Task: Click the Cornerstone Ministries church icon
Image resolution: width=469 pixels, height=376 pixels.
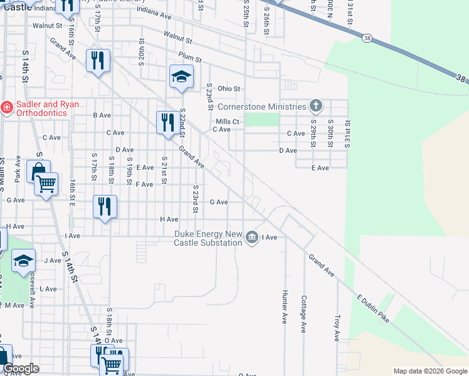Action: tap(316, 107)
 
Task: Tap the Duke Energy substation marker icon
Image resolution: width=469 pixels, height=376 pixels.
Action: tap(252, 237)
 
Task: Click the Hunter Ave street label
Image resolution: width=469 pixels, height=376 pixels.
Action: tap(285, 306)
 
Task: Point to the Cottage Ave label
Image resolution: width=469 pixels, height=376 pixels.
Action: tap(303, 313)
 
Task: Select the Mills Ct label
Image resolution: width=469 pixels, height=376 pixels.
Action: tap(227, 122)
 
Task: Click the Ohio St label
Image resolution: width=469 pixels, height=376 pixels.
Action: tap(229, 89)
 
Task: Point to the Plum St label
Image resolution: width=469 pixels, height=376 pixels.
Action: tap(189, 58)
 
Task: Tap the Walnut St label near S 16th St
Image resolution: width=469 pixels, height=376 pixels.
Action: tap(48, 26)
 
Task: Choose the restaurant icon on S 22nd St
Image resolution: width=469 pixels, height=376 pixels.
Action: tap(167, 122)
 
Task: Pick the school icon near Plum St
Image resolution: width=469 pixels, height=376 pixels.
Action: tap(181, 76)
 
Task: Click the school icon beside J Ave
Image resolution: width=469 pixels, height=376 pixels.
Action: tap(24, 260)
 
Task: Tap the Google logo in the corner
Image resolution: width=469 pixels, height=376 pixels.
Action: tap(21, 368)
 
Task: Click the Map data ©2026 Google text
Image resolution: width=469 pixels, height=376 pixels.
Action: tap(429, 371)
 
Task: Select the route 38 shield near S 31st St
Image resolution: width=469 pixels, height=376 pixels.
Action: tap(366, 39)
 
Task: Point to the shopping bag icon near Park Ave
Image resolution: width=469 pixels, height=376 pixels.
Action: tap(38, 171)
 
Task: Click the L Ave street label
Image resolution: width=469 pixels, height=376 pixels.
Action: tap(48, 289)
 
